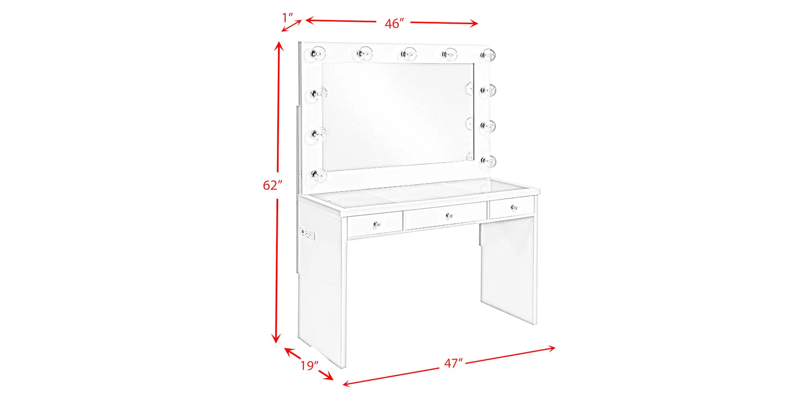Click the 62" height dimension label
272,185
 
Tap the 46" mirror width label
394,24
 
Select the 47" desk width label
454,363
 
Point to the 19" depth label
309,365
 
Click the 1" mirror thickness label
287,18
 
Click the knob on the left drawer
377,224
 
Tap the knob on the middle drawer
449,216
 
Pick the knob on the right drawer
514,207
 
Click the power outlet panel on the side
307,234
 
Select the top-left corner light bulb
318,53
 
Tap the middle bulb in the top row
408,54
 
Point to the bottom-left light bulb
318,175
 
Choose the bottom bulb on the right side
488,162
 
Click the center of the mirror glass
398,115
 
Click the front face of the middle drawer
446,216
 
